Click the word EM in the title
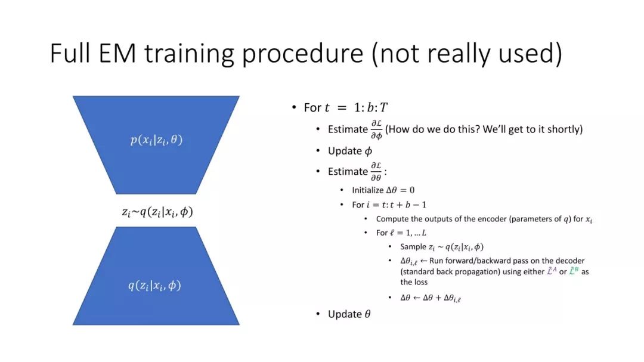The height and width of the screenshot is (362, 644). pyautogui.click(x=117, y=54)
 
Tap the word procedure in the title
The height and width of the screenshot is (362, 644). pyautogui.click(x=303, y=55)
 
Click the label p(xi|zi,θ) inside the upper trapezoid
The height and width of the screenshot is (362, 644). pyautogui.click(x=156, y=140)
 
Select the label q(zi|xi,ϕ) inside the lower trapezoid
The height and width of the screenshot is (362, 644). pyautogui.click(x=154, y=285)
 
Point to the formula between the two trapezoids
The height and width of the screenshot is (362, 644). pyautogui.click(x=157, y=212)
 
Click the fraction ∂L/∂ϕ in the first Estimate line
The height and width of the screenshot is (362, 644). pyautogui.click(x=376, y=129)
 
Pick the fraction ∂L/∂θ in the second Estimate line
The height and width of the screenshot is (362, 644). pyautogui.click(x=376, y=171)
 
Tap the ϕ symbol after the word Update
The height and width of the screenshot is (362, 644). pyautogui.click(x=369, y=151)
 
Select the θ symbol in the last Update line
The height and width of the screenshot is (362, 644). pyautogui.click(x=367, y=314)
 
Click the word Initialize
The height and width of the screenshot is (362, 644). pyautogui.click(x=367, y=190)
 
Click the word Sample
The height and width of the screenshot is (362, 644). pyautogui.click(x=413, y=246)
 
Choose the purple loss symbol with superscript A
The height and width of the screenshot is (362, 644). pyautogui.click(x=551, y=271)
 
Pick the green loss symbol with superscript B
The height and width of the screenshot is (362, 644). pyautogui.click(x=574, y=271)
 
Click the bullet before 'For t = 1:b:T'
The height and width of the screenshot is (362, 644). pyautogui.click(x=293, y=107)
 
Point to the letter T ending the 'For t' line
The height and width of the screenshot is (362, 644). pyautogui.click(x=383, y=108)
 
